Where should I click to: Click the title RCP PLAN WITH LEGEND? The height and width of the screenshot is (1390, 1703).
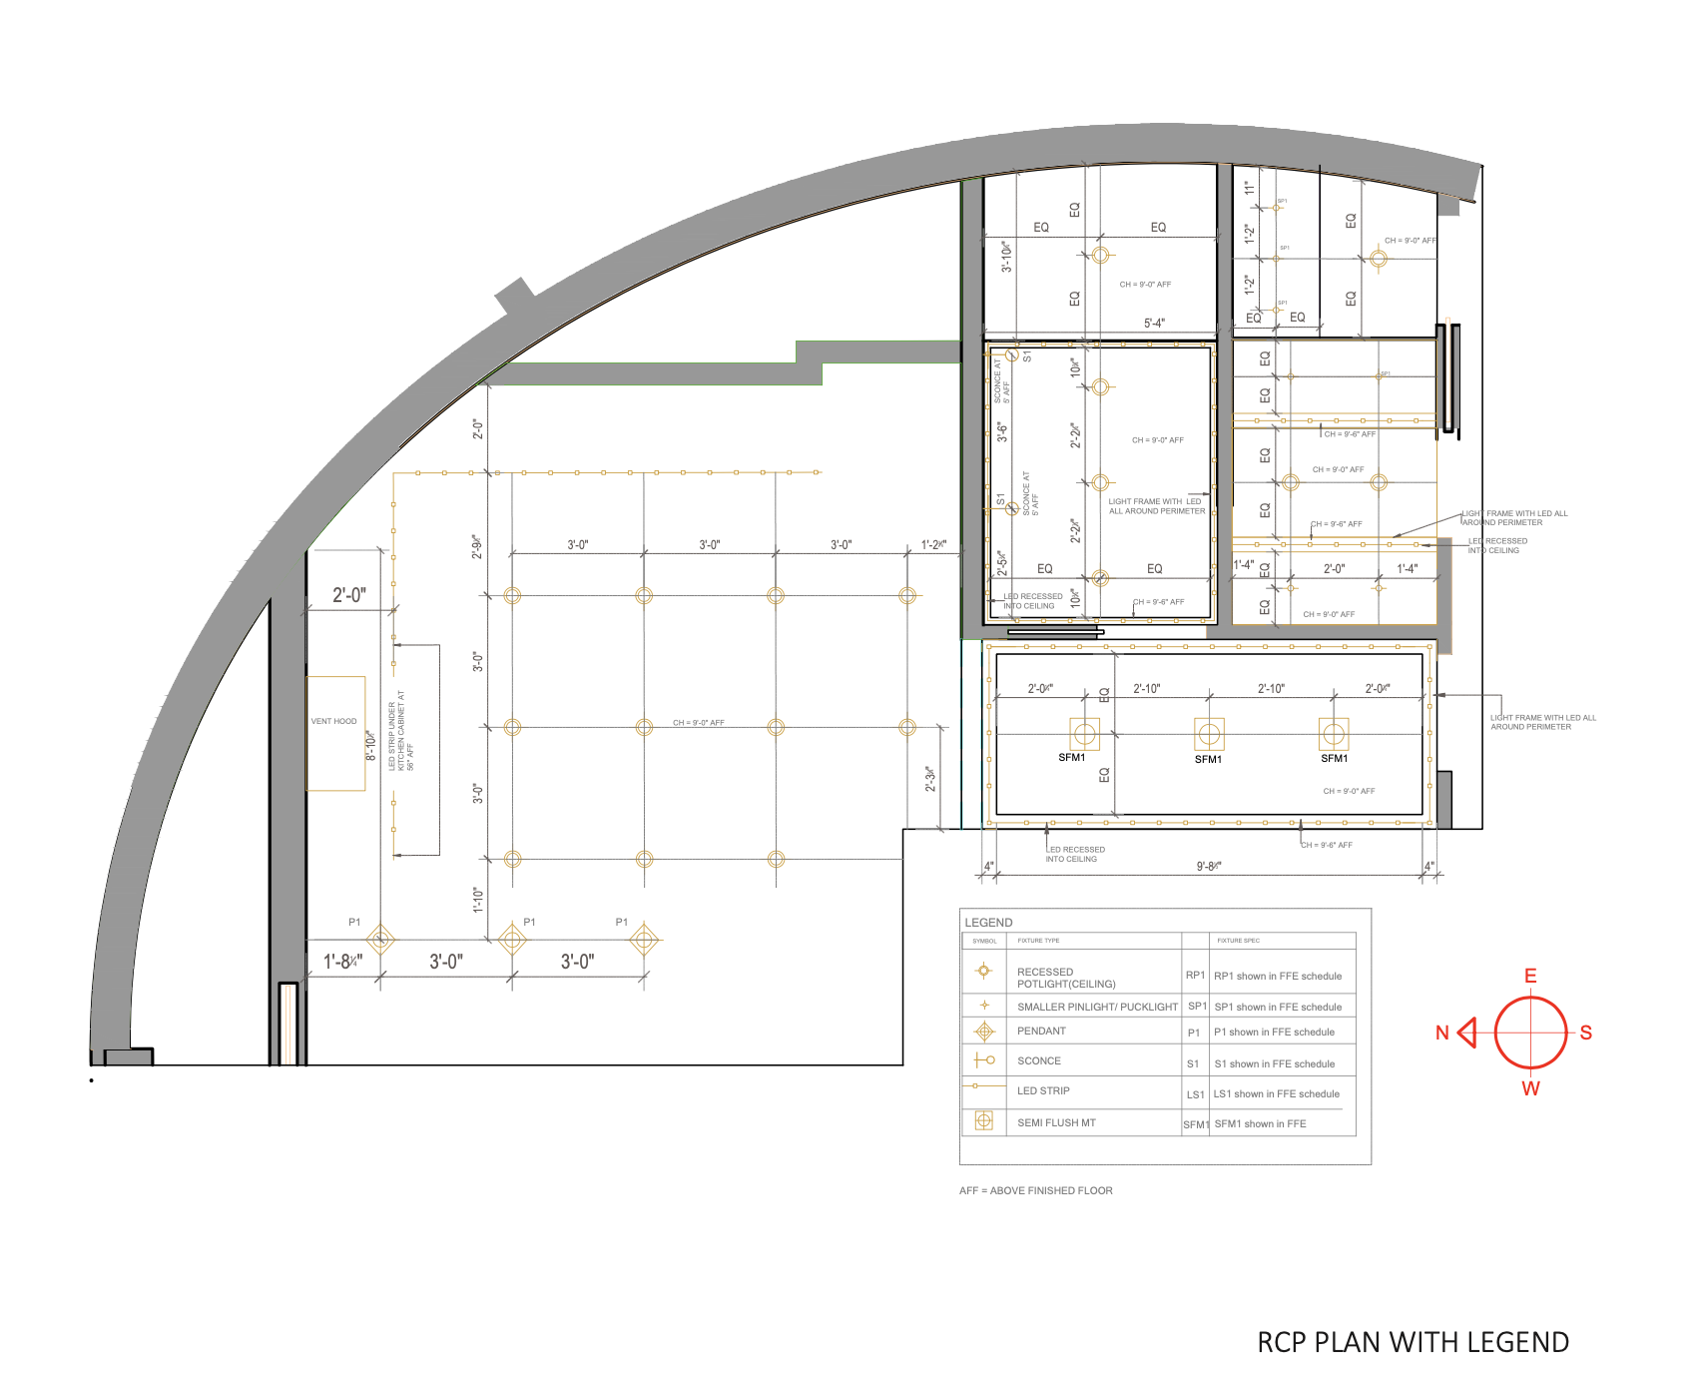pyautogui.click(x=1413, y=1342)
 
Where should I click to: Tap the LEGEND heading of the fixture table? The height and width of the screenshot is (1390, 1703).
pyautogui.click(x=988, y=922)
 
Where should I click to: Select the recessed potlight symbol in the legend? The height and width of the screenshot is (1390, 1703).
pyautogui.click(x=983, y=971)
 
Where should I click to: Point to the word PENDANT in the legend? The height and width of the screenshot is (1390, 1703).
pyautogui.click(x=1041, y=1031)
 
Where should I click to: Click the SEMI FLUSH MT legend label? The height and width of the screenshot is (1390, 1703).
pyautogui.click(x=1056, y=1122)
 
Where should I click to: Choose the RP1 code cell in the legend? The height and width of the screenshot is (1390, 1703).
pyautogui.click(x=1195, y=975)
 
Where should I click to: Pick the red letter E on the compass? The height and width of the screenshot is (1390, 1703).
pyautogui.click(x=1530, y=976)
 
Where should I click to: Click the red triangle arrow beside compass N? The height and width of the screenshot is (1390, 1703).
pyautogui.click(x=1467, y=1033)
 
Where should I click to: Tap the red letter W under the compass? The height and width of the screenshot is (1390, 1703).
pyautogui.click(x=1530, y=1088)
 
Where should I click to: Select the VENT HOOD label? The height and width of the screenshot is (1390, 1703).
pyautogui.click(x=333, y=721)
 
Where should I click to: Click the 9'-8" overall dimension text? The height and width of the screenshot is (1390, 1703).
pyautogui.click(x=1209, y=866)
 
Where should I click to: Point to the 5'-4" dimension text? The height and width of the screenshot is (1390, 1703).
pyautogui.click(x=1154, y=323)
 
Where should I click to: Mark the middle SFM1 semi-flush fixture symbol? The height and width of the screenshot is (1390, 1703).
pyautogui.click(x=1209, y=734)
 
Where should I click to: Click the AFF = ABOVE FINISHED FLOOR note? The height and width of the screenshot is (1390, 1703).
pyautogui.click(x=1035, y=1190)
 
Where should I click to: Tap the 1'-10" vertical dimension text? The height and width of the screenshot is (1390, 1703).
pyautogui.click(x=478, y=900)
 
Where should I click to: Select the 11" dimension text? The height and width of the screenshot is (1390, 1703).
pyautogui.click(x=1249, y=187)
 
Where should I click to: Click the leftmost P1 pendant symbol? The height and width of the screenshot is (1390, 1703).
pyautogui.click(x=380, y=940)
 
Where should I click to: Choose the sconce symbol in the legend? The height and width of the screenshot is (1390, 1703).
pyautogui.click(x=984, y=1060)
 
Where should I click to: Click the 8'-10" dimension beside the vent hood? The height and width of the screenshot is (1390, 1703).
pyautogui.click(x=371, y=745)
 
